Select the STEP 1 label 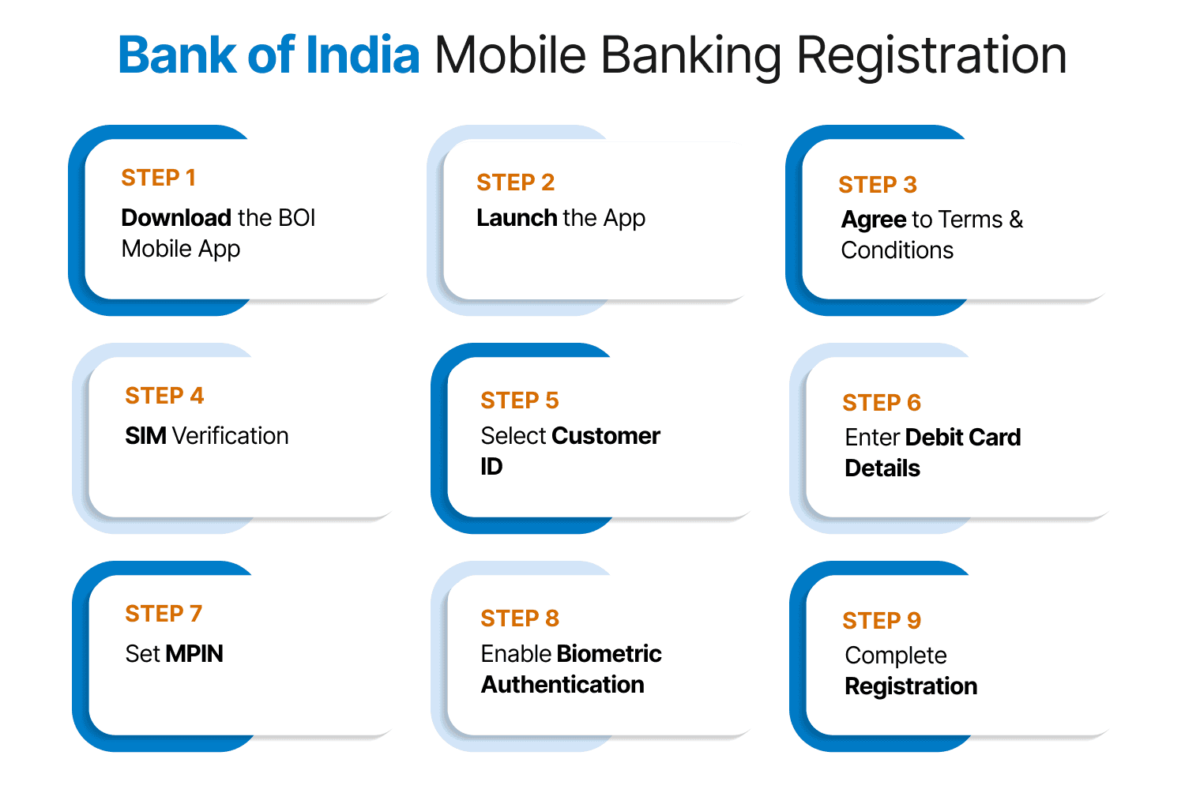(x=158, y=178)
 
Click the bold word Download (x=175, y=217)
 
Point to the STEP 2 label (x=515, y=182)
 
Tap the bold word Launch (x=517, y=217)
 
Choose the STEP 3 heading (x=877, y=184)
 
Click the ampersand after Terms (x=1016, y=219)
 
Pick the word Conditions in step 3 (x=897, y=250)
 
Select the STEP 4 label (x=164, y=396)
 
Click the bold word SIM (x=145, y=435)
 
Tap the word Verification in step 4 (x=230, y=435)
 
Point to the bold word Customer (x=605, y=435)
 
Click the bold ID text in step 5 (x=491, y=467)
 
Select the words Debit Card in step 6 (x=963, y=437)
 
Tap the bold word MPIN (x=194, y=653)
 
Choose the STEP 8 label (x=519, y=618)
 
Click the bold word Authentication (x=562, y=685)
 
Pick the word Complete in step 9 (x=895, y=655)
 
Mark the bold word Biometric (x=608, y=653)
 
